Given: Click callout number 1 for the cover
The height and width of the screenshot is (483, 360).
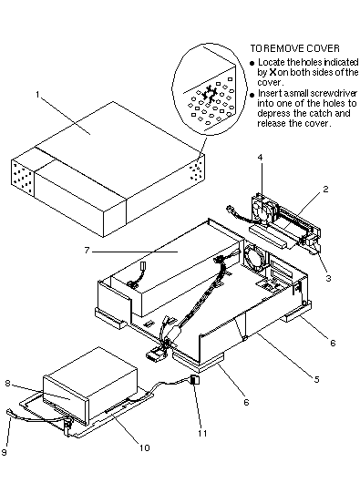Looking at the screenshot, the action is pyautogui.click(x=37, y=95).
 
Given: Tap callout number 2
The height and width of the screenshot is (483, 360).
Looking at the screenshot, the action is pyautogui.click(x=325, y=189).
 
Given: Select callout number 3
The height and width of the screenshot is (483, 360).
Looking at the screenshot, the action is pyautogui.click(x=329, y=278).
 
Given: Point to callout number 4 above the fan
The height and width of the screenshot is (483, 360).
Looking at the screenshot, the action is pyautogui.click(x=261, y=158).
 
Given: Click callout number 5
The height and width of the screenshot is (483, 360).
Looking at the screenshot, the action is pyautogui.click(x=317, y=379).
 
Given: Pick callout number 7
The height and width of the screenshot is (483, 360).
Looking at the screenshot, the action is pyautogui.click(x=87, y=251).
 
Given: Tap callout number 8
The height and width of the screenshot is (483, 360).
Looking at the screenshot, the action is pyautogui.click(x=7, y=384).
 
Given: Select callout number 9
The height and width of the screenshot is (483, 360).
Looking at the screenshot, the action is pyautogui.click(x=4, y=452).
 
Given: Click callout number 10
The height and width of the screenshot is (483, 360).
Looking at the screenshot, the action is pyautogui.click(x=144, y=447).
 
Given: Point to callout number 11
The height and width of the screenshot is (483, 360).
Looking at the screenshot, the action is pyautogui.click(x=202, y=433).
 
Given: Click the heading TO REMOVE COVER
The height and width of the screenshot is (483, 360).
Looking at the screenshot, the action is pyautogui.click(x=294, y=48).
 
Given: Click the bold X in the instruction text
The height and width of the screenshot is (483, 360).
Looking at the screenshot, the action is pyautogui.click(x=273, y=72).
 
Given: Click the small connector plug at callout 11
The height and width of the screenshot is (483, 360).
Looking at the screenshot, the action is pyautogui.click(x=195, y=379).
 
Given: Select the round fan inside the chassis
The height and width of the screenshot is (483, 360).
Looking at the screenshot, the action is pyautogui.click(x=253, y=257).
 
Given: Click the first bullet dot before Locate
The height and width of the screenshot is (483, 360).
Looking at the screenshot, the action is pyautogui.click(x=252, y=63).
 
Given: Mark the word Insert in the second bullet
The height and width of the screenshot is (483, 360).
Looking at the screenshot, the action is pyautogui.click(x=270, y=93).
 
